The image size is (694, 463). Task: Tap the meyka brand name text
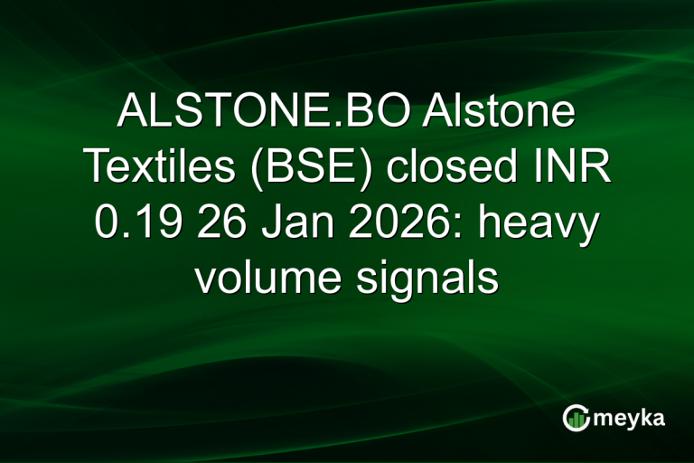[x=626, y=418]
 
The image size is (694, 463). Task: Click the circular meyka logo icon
[x=577, y=418]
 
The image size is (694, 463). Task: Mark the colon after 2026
[x=443, y=226]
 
